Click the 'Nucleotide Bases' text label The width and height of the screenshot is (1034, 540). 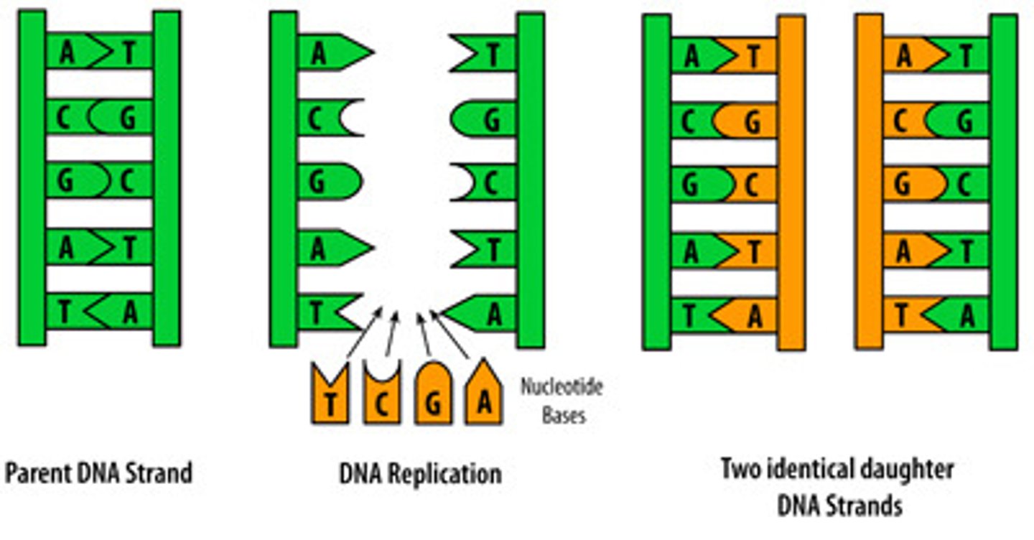pos(562,401)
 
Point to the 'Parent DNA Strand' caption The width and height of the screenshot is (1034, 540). pos(98,473)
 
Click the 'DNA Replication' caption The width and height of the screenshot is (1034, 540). pos(420,474)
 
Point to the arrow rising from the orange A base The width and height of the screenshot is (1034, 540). pos(450,334)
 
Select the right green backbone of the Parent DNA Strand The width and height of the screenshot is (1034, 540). pos(167,178)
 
